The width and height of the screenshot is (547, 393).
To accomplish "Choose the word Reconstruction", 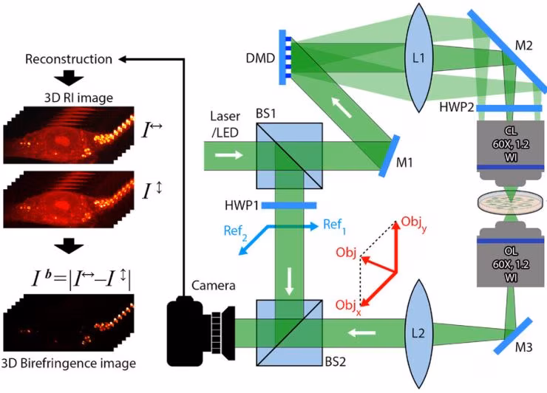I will click(x=69, y=58).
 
